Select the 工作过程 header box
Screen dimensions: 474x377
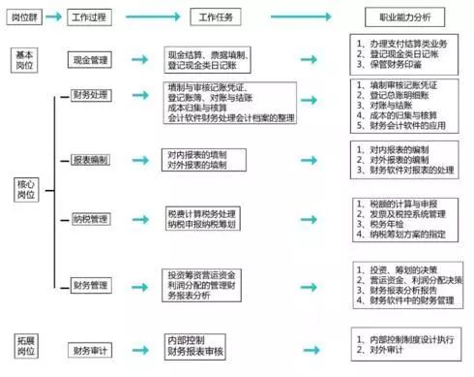click(x=93, y=17)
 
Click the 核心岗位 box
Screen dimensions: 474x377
click(x=25, y=189)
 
